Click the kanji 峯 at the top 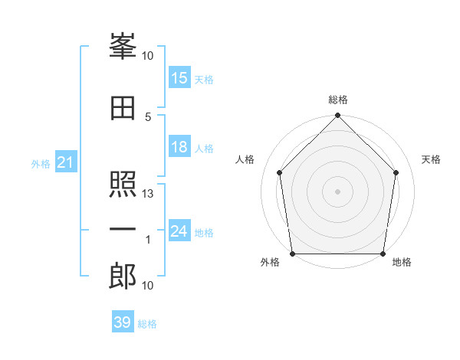click(x=123, y=46)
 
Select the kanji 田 click(x=123, y=108)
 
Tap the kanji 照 click(x=123, y=184)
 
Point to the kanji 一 click(x=123, y=229)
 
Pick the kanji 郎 click(x=123, y=276)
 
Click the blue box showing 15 click(x=179, y=77)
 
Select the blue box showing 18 click(x=179, y=146)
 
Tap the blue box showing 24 click(x=179, y=230)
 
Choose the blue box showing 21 click(x=66, y=162)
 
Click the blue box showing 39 click(x=123, y=321)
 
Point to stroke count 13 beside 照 click(x=147, y=194)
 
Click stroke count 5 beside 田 click(x=148, y=117)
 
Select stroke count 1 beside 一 click(x=148, y=240)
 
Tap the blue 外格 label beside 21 click(x=41, y=164)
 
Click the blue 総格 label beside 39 click(x=147, y=324)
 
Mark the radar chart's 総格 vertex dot click(x=337, y=115)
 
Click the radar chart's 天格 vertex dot click(x=396, y=172)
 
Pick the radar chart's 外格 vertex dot click(x=293, y=254)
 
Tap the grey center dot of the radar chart click(x=337, y=191)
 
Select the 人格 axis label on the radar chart click(x=245, y=159)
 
